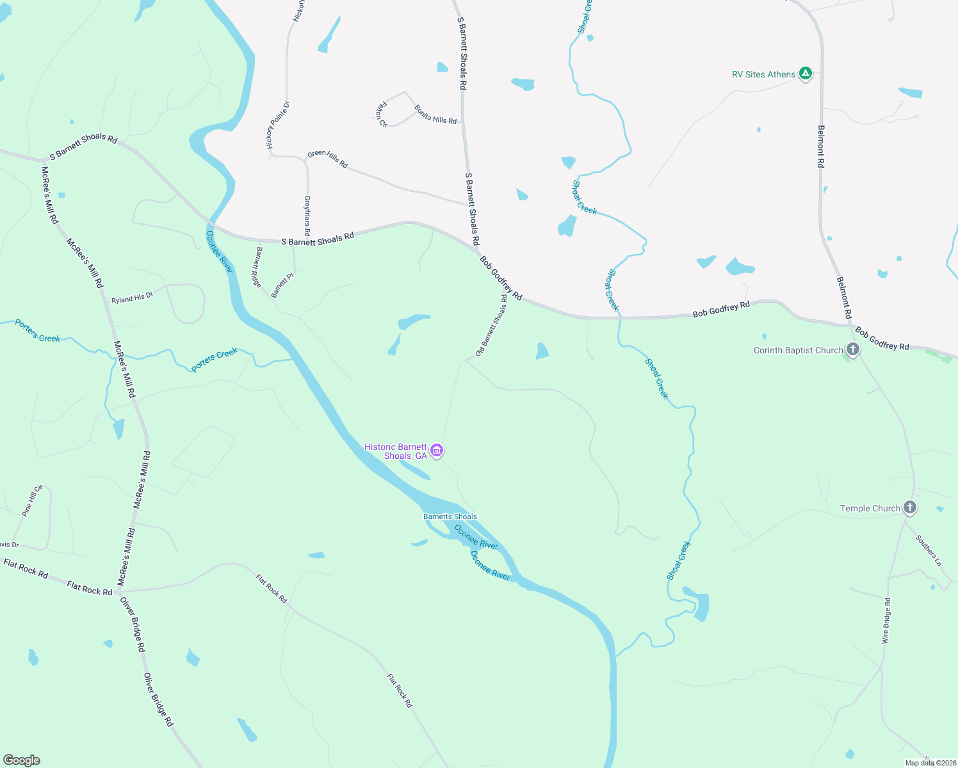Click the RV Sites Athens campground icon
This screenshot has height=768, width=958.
coord(806,74)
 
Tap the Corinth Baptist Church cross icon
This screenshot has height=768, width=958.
coord(852,349)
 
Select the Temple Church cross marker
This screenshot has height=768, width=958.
coord(909,508)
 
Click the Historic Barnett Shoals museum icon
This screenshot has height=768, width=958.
coord(437,451)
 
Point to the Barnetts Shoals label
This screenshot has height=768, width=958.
coord(450,516)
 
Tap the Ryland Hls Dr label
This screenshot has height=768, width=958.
coord(133,298)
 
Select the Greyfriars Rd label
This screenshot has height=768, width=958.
coord(307,216)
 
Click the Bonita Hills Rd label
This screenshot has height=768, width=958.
coord(435,115)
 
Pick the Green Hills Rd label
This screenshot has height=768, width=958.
coord(327,159)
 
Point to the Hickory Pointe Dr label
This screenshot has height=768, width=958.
coord(279,125)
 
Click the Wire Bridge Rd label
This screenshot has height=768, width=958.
coord(886,620)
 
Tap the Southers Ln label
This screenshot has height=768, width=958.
coord(929,550)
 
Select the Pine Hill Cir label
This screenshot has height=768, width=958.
coord(31,500)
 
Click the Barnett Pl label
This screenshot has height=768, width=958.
coord(282,285)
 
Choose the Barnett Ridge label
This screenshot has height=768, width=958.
coord(257,267)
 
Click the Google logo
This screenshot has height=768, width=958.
coord(21,760)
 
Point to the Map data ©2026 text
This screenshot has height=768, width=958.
coord(930,762)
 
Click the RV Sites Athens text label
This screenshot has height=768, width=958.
coord(763,74)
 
